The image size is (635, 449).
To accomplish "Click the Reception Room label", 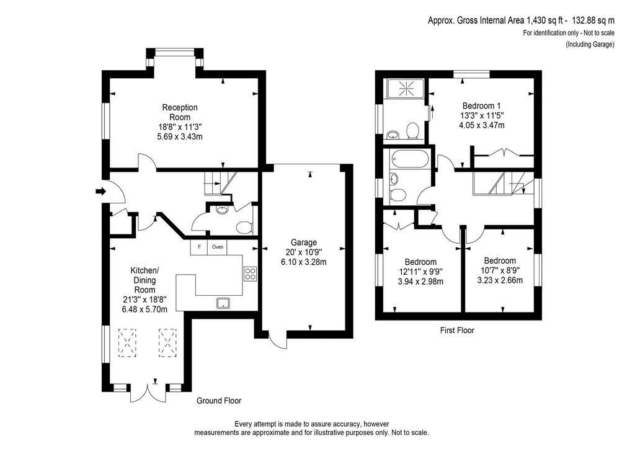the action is (x=180, y=112).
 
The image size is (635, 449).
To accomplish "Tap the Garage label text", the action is (x=304, y=242).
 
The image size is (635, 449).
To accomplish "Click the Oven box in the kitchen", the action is (x=218, y=247).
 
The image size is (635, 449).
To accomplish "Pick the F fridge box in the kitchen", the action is (x=199, y=247).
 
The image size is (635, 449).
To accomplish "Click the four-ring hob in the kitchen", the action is (x=250, y=273).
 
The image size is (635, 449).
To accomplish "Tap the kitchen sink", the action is (x=223, y=303).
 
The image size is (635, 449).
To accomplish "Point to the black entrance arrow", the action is (x=100, y=191).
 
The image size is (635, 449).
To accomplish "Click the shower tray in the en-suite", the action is (x=406, y=89).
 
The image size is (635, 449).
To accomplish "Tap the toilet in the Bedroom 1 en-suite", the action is (x=412, y=130).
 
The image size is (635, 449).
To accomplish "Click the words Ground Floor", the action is (x=219, y=401).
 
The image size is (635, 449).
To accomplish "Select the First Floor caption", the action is (x=457, y=331).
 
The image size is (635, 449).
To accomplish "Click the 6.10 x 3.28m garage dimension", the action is (x=304, y=262).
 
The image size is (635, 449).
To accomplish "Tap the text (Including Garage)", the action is (x=590, y=45).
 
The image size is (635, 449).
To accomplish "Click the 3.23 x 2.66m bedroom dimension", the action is (x=500, y=280).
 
